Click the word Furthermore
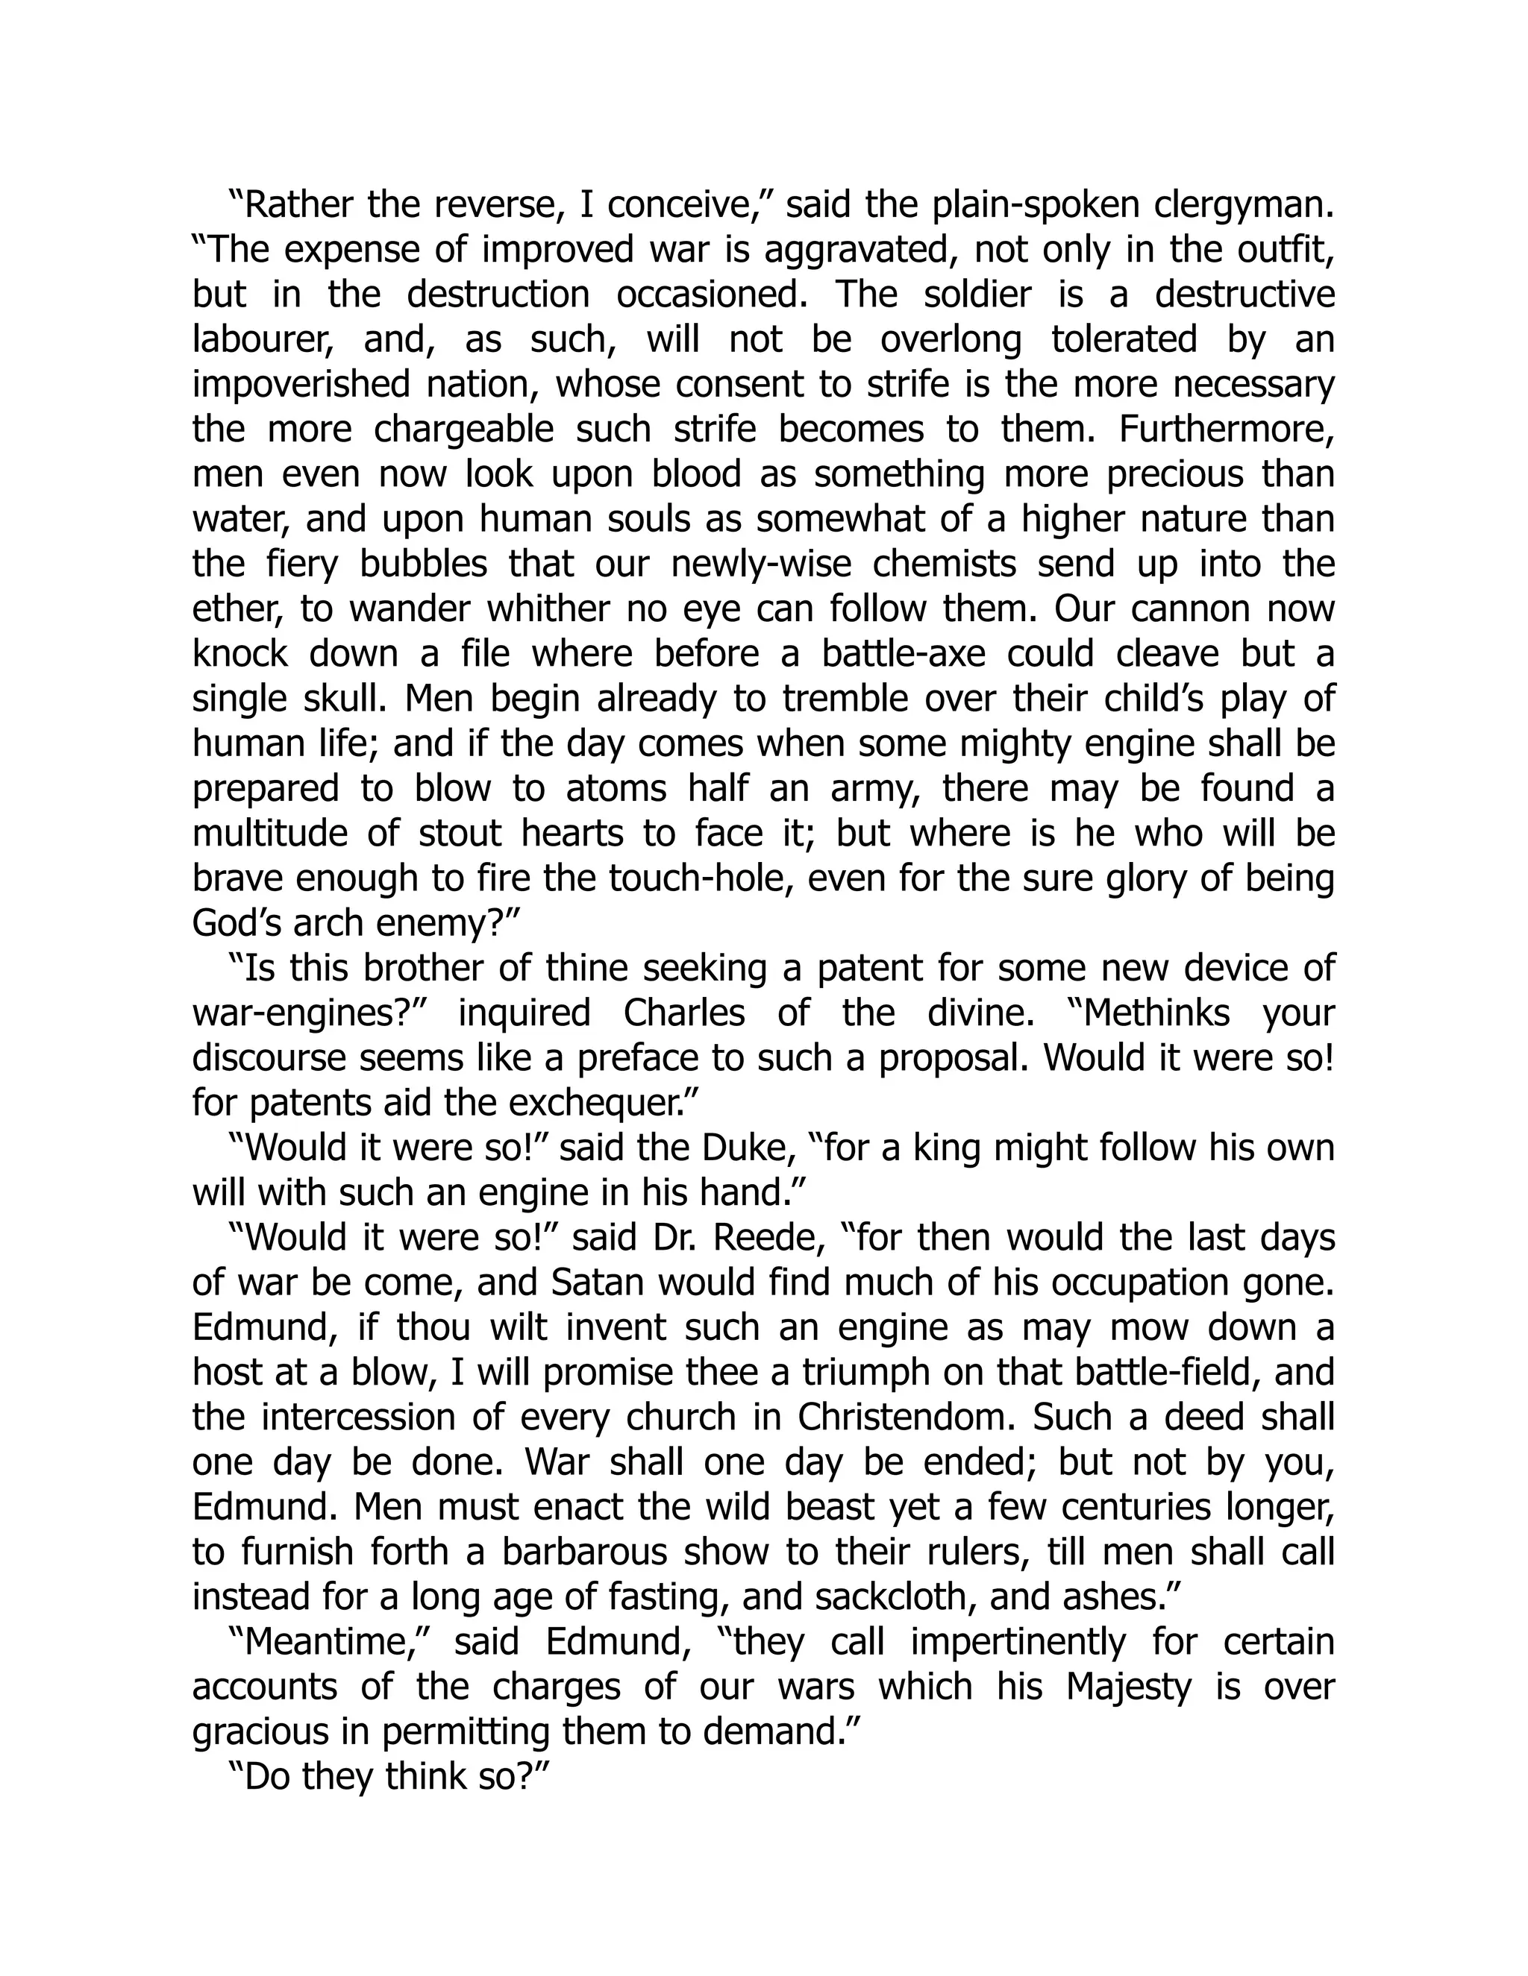pyautogui.click(x=1227, y=430)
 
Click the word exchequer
pyautogui.click(x=604, y=1103)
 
